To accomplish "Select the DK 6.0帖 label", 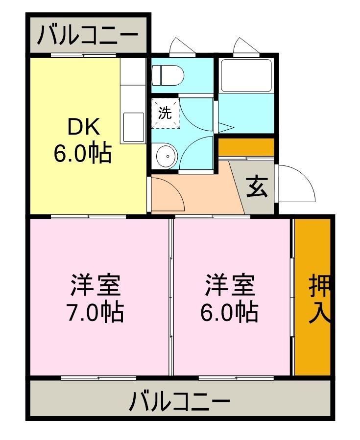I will [83, 140].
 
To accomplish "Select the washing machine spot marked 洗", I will [165, 113].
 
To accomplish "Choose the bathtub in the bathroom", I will [245, 75].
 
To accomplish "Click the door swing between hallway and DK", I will [168, 194].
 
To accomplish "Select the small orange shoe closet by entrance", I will [246, 147].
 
